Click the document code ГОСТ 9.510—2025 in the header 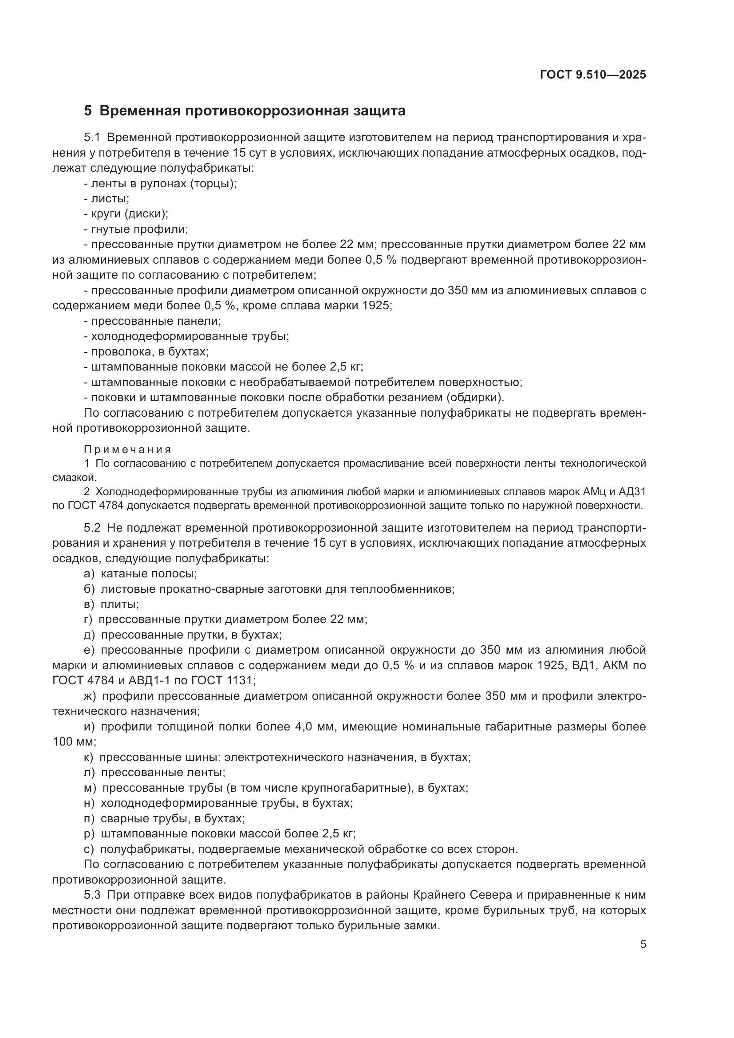coord(592,75)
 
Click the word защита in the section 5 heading coord(380,111)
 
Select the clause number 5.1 coord(94,138)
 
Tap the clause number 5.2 coord(94,528)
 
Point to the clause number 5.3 coord(94,895)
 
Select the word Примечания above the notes coord(127,450)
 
